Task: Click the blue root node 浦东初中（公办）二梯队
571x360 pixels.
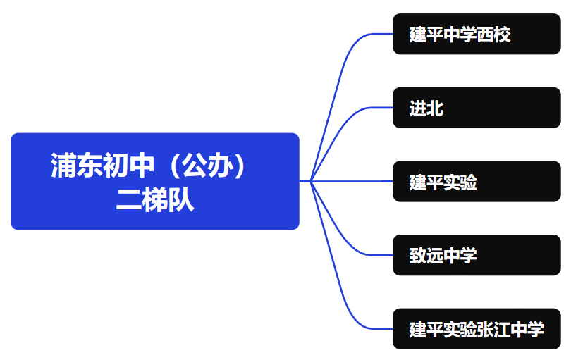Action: (155, 181)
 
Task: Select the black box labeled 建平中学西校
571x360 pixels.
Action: (477, 34)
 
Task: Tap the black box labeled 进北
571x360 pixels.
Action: (477, 108)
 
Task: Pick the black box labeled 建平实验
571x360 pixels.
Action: (477, 182)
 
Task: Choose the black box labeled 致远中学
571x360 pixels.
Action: (477, 255)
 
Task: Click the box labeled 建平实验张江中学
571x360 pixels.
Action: (477, 329)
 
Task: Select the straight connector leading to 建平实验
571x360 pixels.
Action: (352, 181)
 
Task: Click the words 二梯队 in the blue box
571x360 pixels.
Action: (155, 201)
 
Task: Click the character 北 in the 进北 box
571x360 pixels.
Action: (435, 108)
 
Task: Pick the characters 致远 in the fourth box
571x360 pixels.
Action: (426, 255)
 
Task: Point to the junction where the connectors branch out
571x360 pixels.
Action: (311, 181)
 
